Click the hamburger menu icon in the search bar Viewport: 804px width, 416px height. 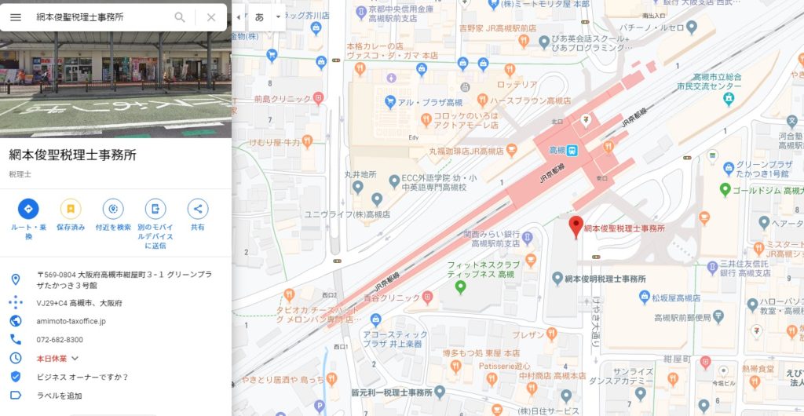click(x=16, y=17)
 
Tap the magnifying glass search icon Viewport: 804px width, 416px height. click(x=180, y=17)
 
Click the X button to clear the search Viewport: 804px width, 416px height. click(x=211, y=17)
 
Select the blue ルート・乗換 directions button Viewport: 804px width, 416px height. click(x=28, y=209)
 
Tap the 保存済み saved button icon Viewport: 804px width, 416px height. click(x=71, y=209)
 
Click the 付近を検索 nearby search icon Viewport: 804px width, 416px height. click(x=113, y=209)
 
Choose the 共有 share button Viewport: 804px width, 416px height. click(x=198, y=209)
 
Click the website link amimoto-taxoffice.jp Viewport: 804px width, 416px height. click(x=71, y=321)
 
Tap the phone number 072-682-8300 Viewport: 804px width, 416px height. click(x=60, y=340)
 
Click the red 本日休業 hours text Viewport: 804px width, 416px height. click(x=52, y=358)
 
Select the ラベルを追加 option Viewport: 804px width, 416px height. click(x=59, y=396)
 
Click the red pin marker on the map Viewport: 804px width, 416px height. click(x=576, y=226)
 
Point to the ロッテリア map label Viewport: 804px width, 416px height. click(x=517, y=85)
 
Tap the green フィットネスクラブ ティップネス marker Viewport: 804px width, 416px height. click(x=461, y=286)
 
